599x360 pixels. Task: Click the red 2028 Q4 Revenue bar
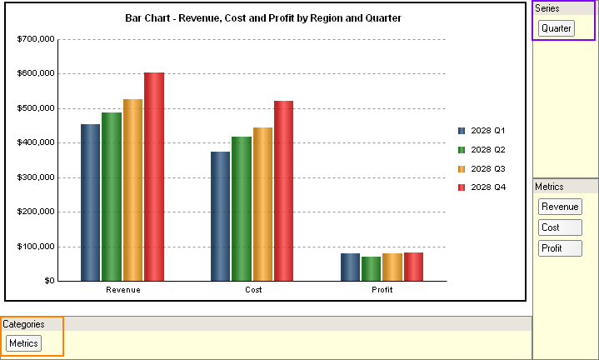(x=154, y=177)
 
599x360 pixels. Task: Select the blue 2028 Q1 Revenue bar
(x=90, y=202)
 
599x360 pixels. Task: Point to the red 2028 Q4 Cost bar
(x=283, y=191)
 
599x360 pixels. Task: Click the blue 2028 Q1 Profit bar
(x=350, y=267)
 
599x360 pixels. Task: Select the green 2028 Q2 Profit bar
(x=372, y=268)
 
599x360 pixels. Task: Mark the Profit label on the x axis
(x=382, y=290)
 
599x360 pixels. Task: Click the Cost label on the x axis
(x=253, y=290)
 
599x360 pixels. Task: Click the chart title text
(x=263, y=17)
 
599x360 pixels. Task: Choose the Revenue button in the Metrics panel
(x=560, y=207)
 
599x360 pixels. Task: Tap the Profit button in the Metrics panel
(x=560, y=248)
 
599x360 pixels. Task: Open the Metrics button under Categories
(x=23, y=343)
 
